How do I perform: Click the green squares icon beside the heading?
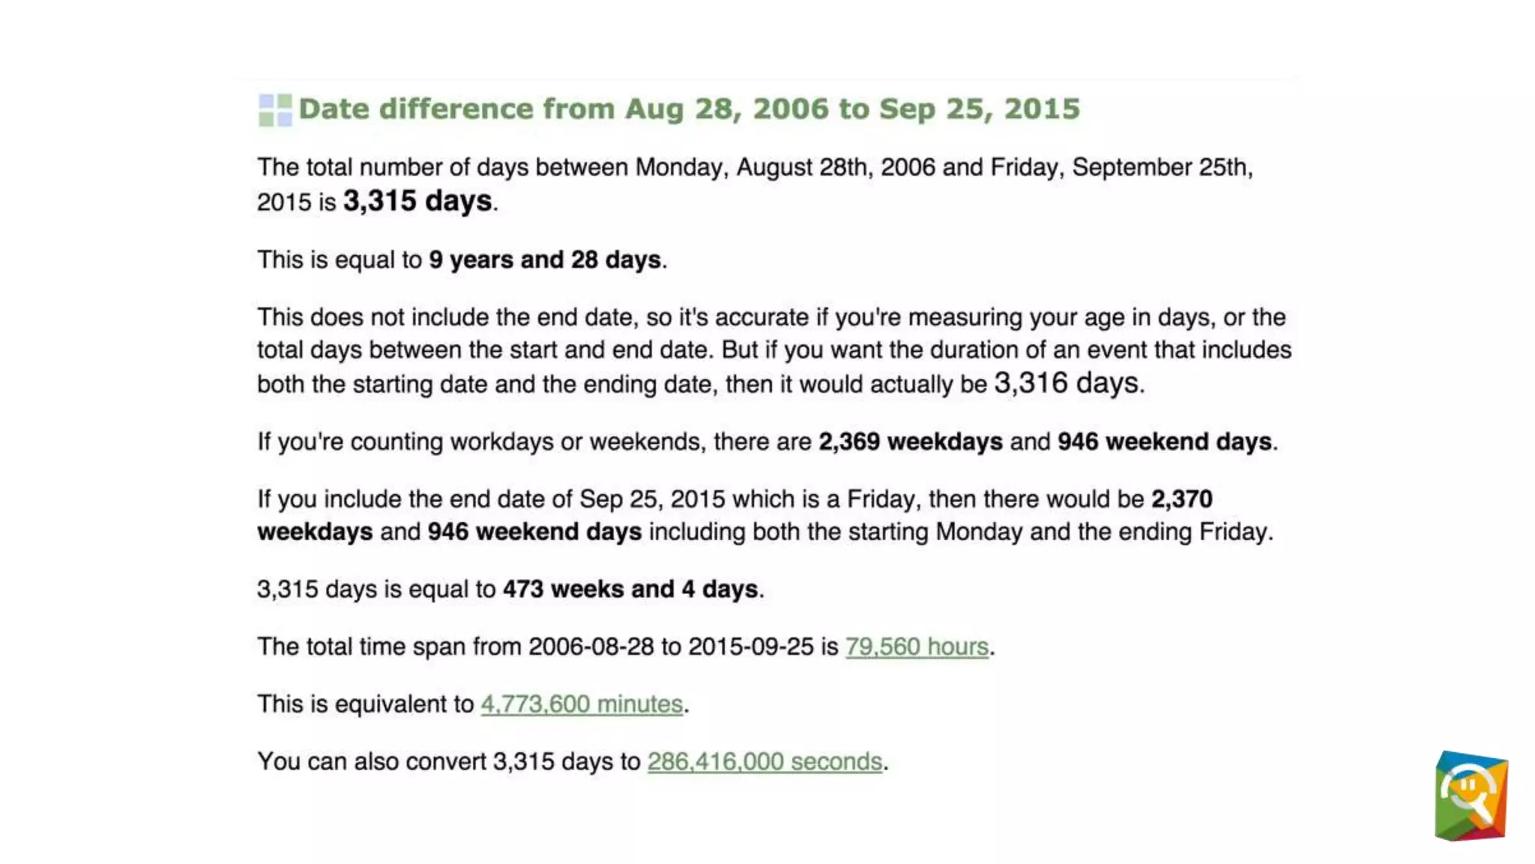(x=274, y=110)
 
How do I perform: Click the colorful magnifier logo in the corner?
(x=1471, y=796)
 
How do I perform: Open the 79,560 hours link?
(x=917, y=646)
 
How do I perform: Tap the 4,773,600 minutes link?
(x=582, y=704)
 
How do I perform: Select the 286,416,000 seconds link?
(x=765, y=762)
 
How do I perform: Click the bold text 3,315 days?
(x=417, y=201)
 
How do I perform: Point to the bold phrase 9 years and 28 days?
(x=545, y=259)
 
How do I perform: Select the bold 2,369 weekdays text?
(x=910, y=442)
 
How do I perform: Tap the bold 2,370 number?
(x=1181, y=499)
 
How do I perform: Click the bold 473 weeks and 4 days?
(x=630, y=589)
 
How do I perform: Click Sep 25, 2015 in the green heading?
(x=979, y=109)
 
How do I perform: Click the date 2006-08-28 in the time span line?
(x=591, y=646)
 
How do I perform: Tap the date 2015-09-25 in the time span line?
(x=750, y=646)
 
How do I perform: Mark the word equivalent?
(x=390, y=704)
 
